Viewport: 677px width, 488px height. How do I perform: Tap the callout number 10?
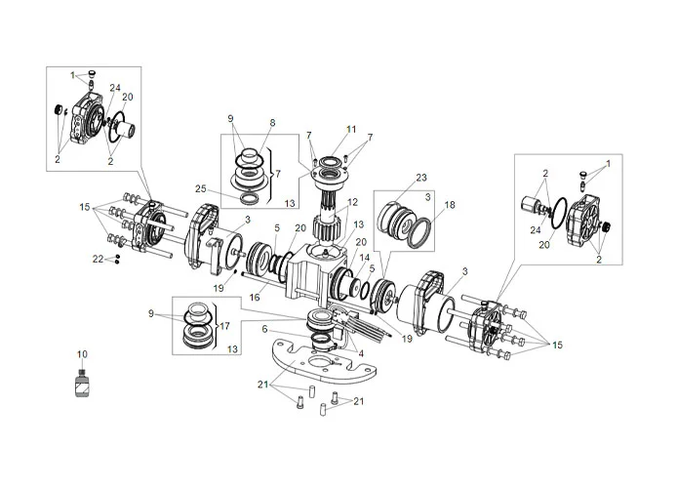pyautogui.click(x=82, y=353)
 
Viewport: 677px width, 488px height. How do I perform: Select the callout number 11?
pyautogui.click(x=351, y=129)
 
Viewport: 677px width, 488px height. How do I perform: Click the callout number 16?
pyautogui.click(x=255, y=298)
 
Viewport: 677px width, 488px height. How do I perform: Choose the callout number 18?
pyautogui.click(x=450, y=206)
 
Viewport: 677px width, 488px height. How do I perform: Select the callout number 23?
pyautogui.click(x=421, y=179)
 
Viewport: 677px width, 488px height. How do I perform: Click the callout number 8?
pyautogui.click(x=272, y=123)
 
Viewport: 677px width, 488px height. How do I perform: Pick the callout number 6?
pyautogui.click(x=264, y=330)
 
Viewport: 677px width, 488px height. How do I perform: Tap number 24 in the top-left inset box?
pyautogui.click(x=115, y=88)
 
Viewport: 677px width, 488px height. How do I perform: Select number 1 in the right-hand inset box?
pyautogui.click(x=609, y=164)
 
